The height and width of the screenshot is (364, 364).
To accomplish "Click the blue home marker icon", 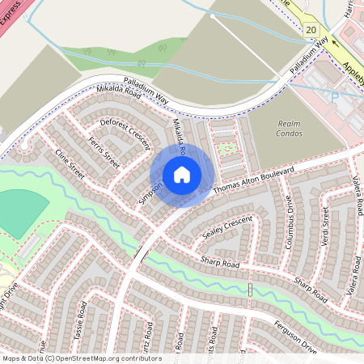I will (x=182, y=174).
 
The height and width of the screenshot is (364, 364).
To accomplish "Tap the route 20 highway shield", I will (x=311, y=29).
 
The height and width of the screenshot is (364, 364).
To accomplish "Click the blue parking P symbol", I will (x=335, y=95).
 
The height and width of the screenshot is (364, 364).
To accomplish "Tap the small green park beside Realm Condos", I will (x=230, y=149).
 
